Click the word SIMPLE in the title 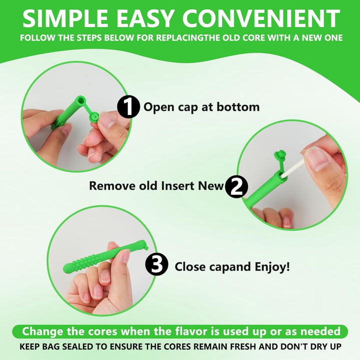(65, 18)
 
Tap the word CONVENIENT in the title (261, 18)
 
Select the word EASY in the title (145, 18)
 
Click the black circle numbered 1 (128, 107)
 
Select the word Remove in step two (112, 185)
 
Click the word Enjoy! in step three (272, 267)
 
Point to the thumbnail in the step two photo (315, 159)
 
